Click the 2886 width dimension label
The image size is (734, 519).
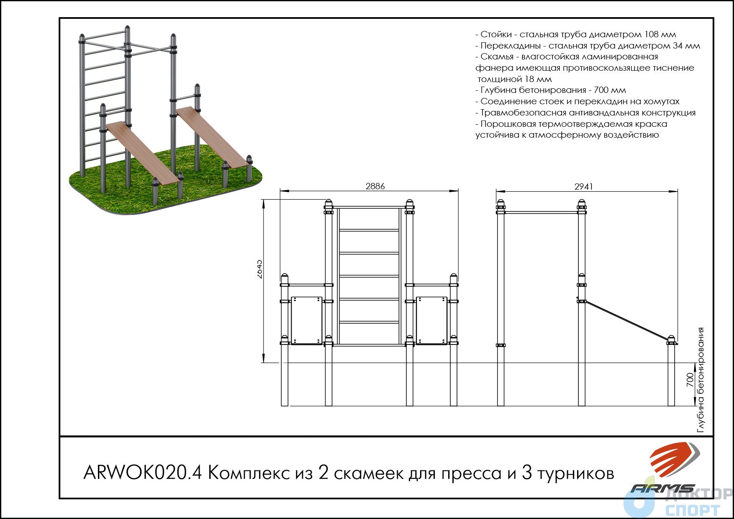(x=375, y=186)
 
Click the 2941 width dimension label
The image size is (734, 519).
(x=583, y=187)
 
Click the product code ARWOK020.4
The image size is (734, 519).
(x=143, y=473)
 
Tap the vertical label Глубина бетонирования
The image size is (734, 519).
(x=701, y=380)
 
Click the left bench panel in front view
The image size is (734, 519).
(x=306, y=321)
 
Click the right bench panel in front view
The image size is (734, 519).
(x=432, y=321)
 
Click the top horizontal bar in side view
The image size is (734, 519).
(x=542, y=212)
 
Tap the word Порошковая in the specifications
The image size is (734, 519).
(x=507, y=124)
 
